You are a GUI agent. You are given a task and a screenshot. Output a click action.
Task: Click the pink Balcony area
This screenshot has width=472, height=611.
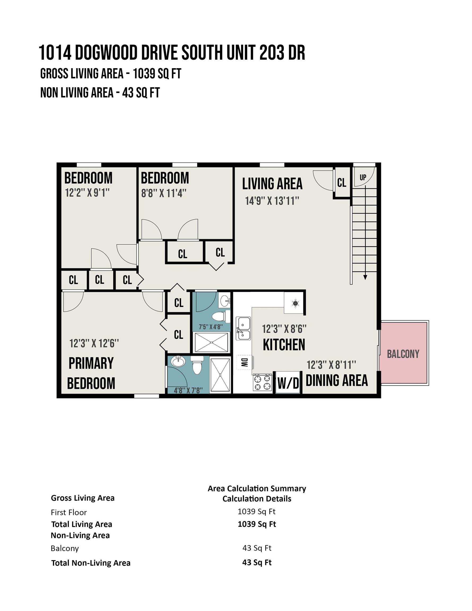403,353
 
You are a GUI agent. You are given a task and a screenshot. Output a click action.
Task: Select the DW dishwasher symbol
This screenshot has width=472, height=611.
244,363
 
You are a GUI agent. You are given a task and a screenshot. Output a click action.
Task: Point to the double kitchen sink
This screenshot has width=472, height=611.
243,329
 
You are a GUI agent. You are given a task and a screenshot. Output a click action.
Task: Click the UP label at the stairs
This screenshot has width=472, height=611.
363,177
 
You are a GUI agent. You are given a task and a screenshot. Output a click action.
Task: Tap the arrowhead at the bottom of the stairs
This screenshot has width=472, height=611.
365,277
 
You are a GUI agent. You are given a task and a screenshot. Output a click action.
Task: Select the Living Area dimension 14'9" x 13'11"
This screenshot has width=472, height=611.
272,201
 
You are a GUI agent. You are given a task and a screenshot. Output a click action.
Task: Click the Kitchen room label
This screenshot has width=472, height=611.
284,344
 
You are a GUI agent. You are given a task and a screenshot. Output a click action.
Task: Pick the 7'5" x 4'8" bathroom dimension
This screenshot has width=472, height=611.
211,327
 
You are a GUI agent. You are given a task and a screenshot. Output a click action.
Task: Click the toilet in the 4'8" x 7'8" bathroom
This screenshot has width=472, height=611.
197,365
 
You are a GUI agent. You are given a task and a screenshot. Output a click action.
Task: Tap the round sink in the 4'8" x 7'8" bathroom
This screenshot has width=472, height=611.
178,361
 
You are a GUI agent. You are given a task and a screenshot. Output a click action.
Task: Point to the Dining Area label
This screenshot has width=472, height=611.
336,381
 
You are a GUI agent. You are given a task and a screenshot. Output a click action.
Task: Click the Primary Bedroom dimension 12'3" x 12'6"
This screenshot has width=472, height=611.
94,343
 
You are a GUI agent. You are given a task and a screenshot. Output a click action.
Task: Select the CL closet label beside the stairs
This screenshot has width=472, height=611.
342,183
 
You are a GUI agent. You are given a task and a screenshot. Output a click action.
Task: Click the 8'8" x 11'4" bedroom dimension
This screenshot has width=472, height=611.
164,193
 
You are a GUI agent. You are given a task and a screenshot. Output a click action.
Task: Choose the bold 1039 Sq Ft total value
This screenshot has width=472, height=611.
257,524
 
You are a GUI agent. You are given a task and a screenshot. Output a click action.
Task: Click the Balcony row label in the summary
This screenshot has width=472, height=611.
65,548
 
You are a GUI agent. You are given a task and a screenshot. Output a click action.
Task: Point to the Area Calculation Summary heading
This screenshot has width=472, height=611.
257,488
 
